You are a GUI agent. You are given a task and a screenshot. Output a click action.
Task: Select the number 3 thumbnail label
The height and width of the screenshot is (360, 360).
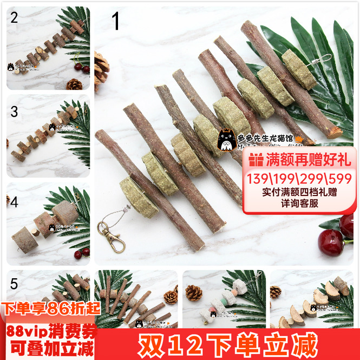tap(14, 112)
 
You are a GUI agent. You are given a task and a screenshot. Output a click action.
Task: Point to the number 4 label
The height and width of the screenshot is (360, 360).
tap(14, 202)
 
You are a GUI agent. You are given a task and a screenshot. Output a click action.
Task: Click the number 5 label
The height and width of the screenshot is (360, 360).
tap(14, 283)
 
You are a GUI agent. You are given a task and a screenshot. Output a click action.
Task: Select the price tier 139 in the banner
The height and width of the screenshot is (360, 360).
tap(258, 179)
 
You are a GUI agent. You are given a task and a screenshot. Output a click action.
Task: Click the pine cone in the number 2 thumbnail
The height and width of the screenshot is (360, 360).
tap(74, 84)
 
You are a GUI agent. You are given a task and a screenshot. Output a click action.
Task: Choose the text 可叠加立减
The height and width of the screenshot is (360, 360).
tap(49, 346)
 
